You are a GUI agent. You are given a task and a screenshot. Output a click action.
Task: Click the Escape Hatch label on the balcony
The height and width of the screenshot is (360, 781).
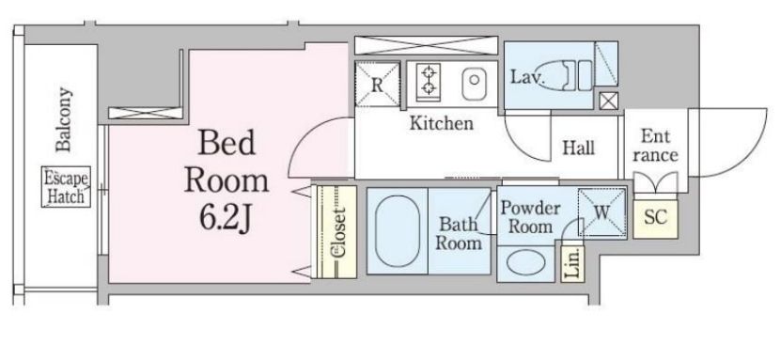[x=66, y=187]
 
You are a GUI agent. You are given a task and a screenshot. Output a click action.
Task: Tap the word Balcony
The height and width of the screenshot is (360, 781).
[x=65, y=119]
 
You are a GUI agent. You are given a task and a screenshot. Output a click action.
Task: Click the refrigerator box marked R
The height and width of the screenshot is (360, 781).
[x=377, y=85]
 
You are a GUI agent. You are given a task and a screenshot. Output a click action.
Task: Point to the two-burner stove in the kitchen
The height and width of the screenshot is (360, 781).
[x=428, y=80]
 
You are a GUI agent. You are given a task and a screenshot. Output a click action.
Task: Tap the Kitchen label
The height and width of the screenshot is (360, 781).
[x=441, y=123]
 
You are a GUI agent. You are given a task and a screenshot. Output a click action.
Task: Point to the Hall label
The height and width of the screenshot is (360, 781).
[x=577, y=147]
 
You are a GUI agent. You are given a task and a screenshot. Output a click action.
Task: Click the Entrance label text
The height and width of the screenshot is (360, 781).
[x=656, y=146]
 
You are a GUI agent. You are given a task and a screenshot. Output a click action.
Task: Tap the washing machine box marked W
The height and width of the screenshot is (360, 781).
[x=601, y=212]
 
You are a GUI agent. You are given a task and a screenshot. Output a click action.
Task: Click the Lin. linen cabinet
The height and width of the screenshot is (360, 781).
[x=571, y=262]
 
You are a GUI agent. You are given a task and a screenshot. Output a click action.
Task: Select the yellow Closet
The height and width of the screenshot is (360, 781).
[x=335, y=230]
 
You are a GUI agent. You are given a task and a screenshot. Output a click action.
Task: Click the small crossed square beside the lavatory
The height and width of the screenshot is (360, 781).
[x=608, y=101]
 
